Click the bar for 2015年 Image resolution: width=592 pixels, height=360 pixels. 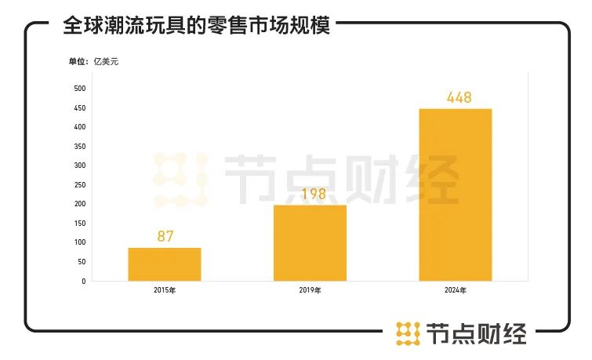165,264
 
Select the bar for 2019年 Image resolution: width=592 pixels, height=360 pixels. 310,242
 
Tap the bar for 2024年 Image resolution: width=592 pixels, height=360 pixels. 456,195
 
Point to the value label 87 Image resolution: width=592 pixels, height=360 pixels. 165,235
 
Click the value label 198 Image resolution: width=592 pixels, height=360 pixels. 310,193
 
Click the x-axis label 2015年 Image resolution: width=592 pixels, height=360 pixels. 165,291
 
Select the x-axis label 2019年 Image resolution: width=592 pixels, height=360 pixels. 310,291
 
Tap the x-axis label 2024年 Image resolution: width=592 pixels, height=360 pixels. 456,291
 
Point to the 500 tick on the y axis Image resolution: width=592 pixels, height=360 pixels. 80,88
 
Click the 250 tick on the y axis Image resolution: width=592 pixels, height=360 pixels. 80,184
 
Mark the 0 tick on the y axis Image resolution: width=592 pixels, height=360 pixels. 84,281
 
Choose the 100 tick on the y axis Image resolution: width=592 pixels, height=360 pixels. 80,242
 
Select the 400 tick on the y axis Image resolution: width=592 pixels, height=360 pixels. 80,126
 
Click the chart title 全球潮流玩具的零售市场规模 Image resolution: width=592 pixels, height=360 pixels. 196,25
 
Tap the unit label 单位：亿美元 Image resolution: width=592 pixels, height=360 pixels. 93,61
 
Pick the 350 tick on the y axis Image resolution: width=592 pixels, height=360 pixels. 80,146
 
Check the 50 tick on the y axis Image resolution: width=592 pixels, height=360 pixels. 82,262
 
